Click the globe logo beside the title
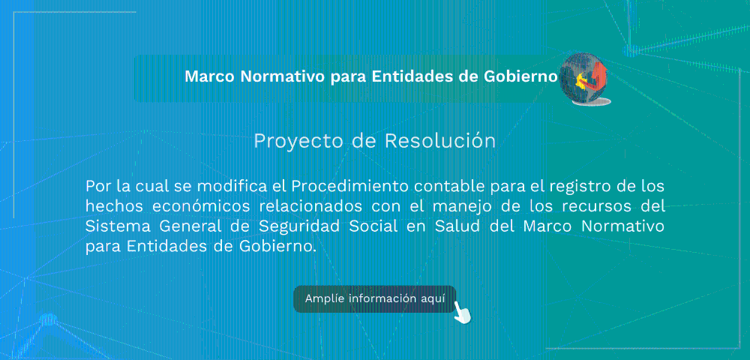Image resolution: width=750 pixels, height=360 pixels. tap(584, 79)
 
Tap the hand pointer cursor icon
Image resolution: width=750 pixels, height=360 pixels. tap(462, 312)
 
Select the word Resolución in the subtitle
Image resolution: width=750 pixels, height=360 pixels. tap(440, 141)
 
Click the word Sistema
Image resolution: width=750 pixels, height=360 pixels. tap(115, 226)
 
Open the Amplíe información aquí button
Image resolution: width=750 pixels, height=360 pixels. tap(374, 298)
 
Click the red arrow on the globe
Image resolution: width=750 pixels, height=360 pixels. tap(598, 78)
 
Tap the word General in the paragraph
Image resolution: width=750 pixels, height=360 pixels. tap(190, 226)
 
